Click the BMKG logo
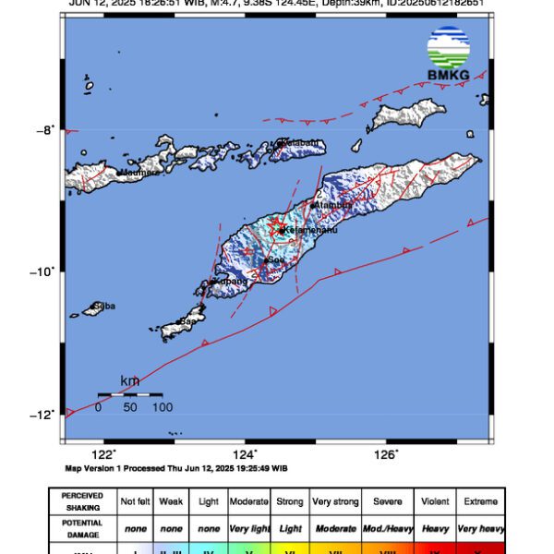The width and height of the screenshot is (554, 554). [449, 54]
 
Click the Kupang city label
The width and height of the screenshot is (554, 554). [231, 281]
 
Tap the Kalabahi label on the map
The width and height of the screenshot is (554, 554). [302, 142]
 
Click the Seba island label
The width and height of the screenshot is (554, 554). [104, 306]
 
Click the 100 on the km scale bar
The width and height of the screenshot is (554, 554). [162, 407]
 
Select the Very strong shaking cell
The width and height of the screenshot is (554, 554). [334, 501]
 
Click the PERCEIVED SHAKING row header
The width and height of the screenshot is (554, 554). [82, 501]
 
